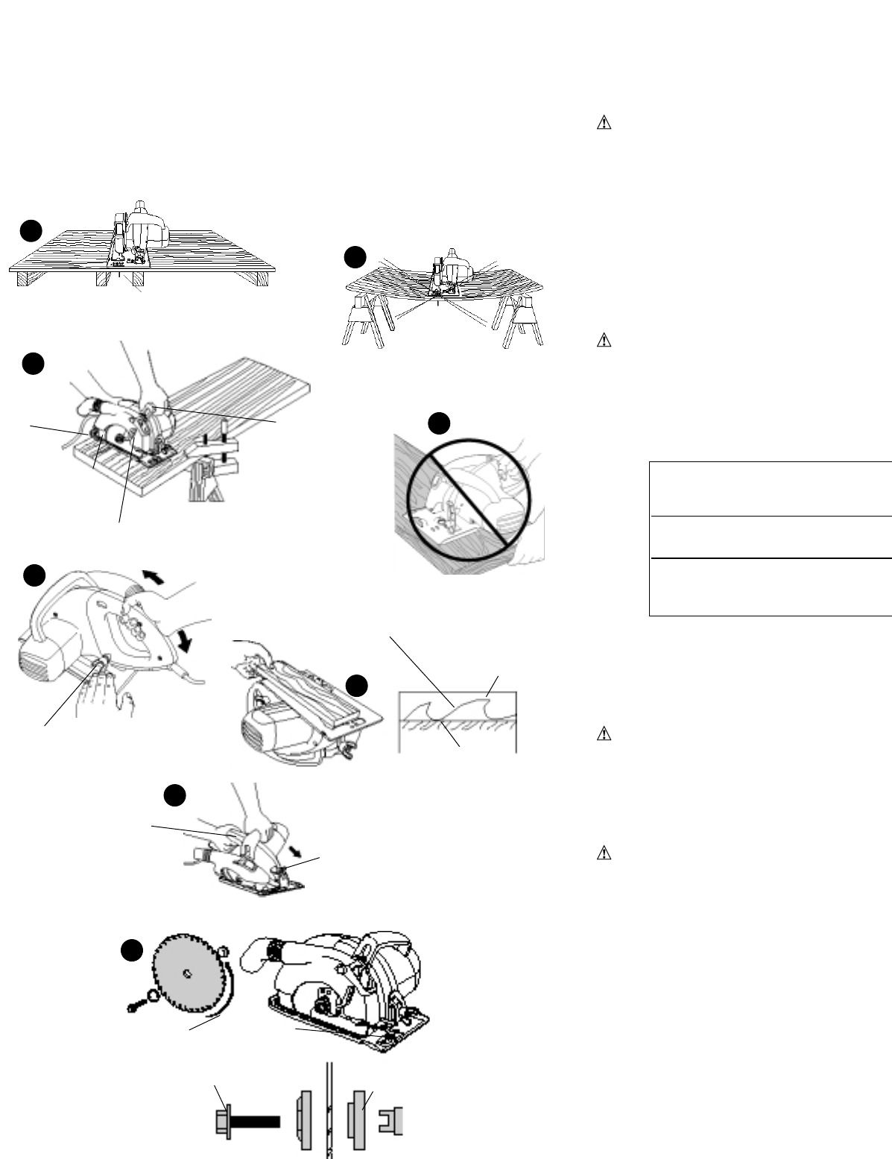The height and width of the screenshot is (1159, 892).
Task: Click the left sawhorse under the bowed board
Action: (363, 321)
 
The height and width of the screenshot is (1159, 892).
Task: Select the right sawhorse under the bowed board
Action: (522, 321)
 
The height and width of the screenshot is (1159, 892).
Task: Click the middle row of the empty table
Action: (771, 537)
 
